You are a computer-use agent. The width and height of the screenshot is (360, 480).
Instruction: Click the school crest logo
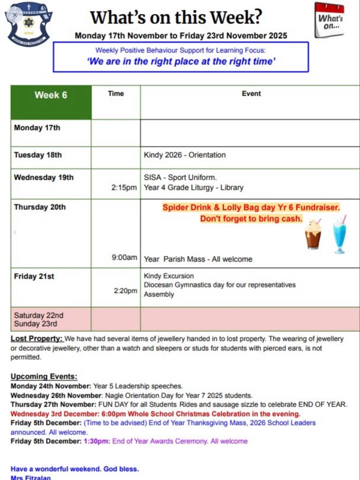(x=30, y=23)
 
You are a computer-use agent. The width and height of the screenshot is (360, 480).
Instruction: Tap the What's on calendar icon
(x=329, y=20)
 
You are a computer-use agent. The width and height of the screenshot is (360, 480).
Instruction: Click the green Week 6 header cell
(x=50, y=95)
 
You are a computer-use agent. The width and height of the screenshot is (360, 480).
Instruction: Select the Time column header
(x=116, y=93)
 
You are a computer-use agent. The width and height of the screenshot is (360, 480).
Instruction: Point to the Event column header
(x=251, y=93)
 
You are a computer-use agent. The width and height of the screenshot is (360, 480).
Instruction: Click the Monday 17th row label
(x=37, y=128)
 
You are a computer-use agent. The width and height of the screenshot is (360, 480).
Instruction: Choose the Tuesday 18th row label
(x=38, y=155)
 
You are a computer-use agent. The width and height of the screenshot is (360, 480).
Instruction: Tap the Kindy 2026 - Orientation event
(x=184, y=155)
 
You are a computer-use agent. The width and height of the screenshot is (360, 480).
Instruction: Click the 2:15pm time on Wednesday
(x=124, y=188)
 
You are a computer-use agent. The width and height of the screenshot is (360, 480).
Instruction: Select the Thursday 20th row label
(x=39, y=207)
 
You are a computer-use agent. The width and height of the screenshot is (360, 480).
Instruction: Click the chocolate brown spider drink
(x=313, y=235)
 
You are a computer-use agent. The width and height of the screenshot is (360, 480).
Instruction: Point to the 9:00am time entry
(x=124, y=258)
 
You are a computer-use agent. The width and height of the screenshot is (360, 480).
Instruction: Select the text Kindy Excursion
(x=168, y=276)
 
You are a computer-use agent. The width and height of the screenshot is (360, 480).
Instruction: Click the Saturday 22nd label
(x=38, y=315)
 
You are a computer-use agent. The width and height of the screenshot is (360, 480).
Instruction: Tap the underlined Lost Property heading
(x=36, y=339)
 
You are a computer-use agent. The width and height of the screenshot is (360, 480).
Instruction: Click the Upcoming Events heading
(x=44, y=377)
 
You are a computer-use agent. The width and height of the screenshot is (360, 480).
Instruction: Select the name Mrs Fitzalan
(x=30, y=477)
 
